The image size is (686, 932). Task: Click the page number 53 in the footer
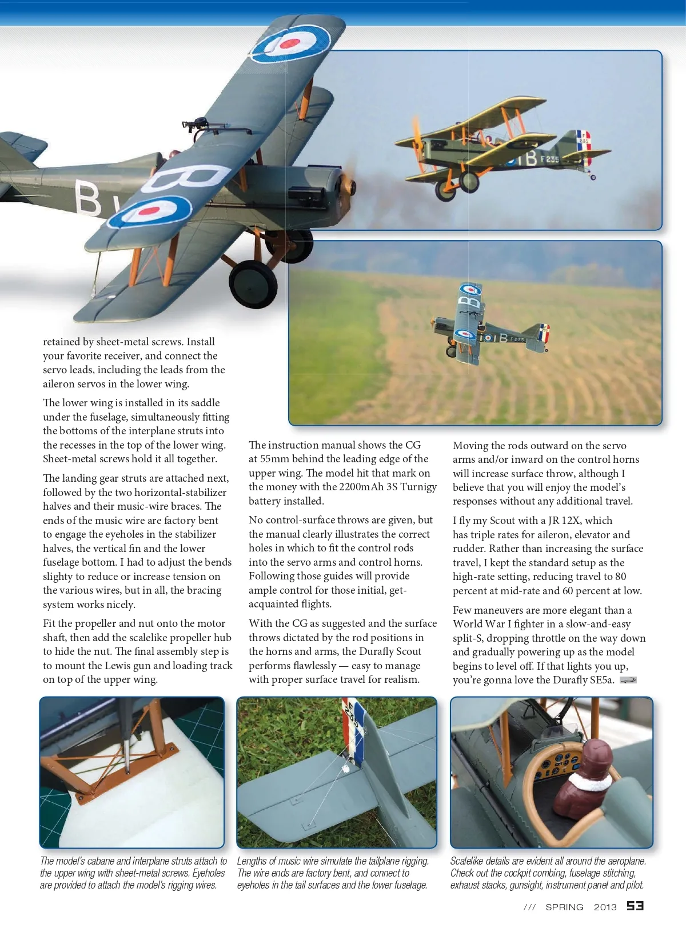click(x=635, y=906)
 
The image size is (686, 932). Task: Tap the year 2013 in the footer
click(x=605, y=907)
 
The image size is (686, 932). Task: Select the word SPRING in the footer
click(x=564, y=907)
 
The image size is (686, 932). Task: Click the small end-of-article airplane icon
click(x=628, y=680)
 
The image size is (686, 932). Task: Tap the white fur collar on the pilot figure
click(x=587, y=783)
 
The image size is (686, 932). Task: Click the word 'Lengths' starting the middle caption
click(x=253, y=861)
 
